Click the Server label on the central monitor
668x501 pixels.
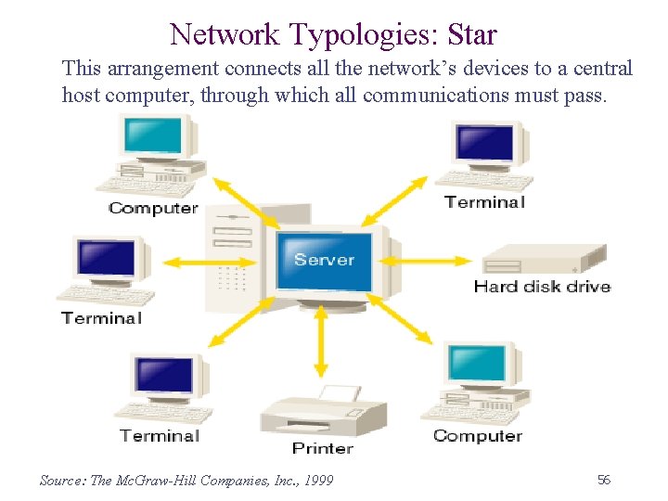325,259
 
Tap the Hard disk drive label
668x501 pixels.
542,287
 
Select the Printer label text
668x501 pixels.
322,448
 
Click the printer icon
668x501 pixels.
323,413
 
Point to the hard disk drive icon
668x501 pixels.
546,259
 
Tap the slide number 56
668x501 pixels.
604,480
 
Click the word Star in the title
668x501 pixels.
471,35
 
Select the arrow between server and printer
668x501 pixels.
322,341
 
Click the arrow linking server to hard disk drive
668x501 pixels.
428,259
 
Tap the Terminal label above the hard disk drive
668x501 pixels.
484,201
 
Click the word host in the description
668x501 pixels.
83,95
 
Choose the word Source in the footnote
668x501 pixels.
60,481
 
